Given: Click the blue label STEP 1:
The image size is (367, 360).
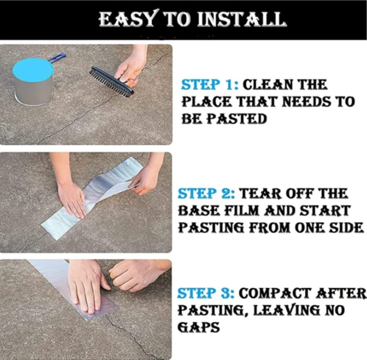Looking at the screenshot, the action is click(x=210, y=85).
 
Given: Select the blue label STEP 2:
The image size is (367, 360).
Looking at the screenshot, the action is click(x=206, y=194).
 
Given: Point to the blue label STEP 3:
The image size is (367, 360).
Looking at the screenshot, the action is click(x=206, y=294).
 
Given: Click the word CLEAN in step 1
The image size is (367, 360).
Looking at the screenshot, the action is click(x=267, y=85).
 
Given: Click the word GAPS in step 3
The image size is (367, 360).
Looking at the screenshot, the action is click(x=199, y=327).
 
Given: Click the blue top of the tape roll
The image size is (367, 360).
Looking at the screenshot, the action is click(x=33, y=70).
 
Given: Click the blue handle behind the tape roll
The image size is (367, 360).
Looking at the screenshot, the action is click(x=57, y=58).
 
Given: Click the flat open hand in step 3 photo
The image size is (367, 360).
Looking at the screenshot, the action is click(x=88, y=287).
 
